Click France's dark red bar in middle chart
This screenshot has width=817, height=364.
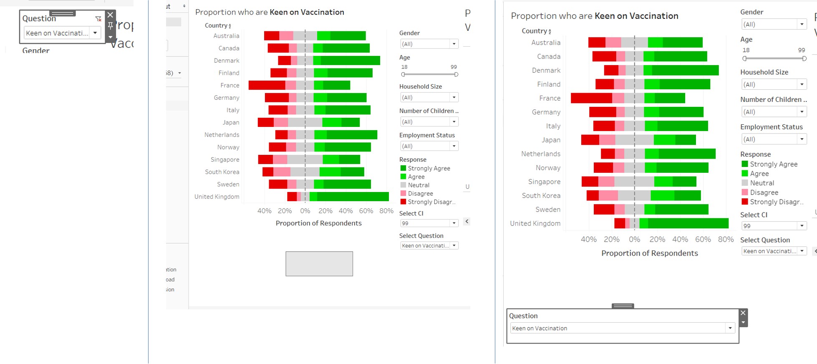tap(267, 85)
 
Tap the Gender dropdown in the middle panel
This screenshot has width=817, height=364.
tap(429, 44)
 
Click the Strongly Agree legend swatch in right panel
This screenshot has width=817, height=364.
tap(744, 164)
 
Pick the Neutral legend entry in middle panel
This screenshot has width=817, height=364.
tap(418, 185)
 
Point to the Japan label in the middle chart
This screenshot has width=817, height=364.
tap(231, 122)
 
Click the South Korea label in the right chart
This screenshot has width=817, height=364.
tap(541, 195)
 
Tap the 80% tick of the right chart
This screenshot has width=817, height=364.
tap(725, 239)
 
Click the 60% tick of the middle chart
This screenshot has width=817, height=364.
tap(366, 211)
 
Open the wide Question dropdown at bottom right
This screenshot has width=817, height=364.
tap(622, 328)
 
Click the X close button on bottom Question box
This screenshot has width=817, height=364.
tap(743, 313)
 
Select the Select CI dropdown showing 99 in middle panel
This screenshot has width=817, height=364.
tap(429, 223)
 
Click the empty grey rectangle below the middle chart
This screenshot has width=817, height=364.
tap(319, 263)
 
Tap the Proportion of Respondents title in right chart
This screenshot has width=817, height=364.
tap(649, 253)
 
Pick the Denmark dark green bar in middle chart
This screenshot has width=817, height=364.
tap(350, 61)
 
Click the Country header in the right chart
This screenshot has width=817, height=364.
tap(534, 31)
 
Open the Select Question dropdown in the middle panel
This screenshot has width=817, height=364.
tap(429, 245)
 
